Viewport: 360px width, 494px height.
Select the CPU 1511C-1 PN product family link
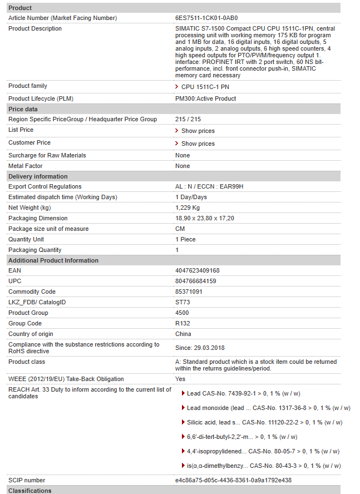coord(205,87)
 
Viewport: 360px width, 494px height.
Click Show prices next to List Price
coord(198,131)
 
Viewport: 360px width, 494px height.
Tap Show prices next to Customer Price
coord(198,144)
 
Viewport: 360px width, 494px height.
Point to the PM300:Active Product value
coord(205,98)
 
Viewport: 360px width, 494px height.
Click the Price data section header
coord(23,109)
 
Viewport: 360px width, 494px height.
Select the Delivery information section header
coord(38,176)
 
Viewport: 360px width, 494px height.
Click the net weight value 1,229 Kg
coord(188,208)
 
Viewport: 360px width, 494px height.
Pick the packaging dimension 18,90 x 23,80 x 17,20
coord(204,218)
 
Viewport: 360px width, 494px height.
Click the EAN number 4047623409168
coord(197,270)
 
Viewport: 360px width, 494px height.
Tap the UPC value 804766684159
coord(195,281)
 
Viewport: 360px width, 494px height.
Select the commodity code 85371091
coord(189,292)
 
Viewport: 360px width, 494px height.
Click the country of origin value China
coord(183,334)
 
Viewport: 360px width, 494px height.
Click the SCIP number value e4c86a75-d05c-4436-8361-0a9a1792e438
coord(233,480)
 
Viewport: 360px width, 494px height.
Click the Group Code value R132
coord(183,323)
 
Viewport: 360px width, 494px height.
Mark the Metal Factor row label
coord(25,166)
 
